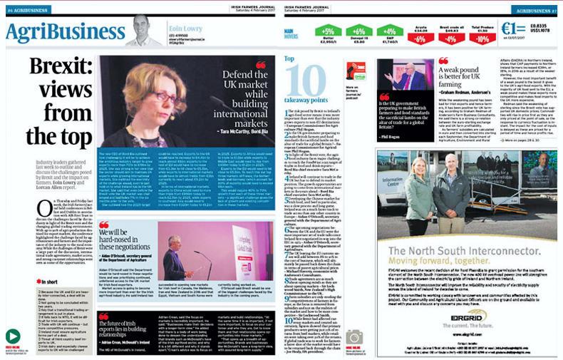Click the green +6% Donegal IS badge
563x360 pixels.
[x=359, y=31]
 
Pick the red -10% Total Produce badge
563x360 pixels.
[x=482, y=39]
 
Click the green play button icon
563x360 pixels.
[x=12, y=336]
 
